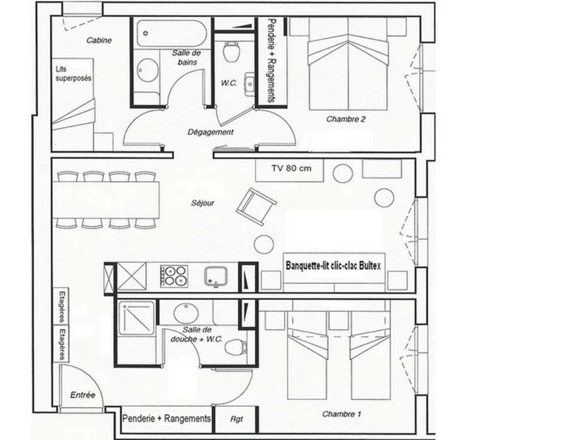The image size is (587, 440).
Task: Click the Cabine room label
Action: pyautogui.click(x=99, y=41)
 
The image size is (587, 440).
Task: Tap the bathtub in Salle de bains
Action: pyautogui.click(x=172, y=33)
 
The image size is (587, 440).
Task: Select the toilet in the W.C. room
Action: pyautogui.click(x=231, y=51)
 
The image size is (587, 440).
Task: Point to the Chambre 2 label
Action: pyautogui.click(x=346, y=119)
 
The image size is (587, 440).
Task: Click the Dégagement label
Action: pyautogui.click(x=210, y=132)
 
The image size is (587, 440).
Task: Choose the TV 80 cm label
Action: pyautogui.click(x=292, y=168)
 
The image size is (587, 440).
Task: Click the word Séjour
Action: pyautogui.click(x=203, y=203)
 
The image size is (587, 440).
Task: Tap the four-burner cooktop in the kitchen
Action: pyautogui.click(x=174, y=276)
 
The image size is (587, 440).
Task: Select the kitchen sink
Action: pyautogui.click(x=216, y=277)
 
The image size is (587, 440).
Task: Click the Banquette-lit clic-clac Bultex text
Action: pyautogui.click(x=333, y=266)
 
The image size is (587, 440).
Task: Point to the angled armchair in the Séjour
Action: pyautogui.click(x=256, y=206)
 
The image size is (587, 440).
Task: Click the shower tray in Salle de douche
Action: pyautogui.click(x=136, y=318)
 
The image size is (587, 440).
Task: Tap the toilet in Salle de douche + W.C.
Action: pyautogui.click(x=236, y=348)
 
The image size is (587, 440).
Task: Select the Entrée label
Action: pyautogui.click(x=83, y=395)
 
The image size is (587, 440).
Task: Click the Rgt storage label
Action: pyautogui.click(x=237, y=419)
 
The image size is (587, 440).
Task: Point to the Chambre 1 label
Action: pyautogui.click(x=341, y=415)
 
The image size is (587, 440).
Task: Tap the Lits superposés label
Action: pyautogui.click(x=73, y=74)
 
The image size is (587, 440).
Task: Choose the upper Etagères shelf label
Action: pyautogui.click(x=62, y=307)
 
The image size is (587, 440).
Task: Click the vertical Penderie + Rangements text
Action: pyautogui.click(x=271, y=61)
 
